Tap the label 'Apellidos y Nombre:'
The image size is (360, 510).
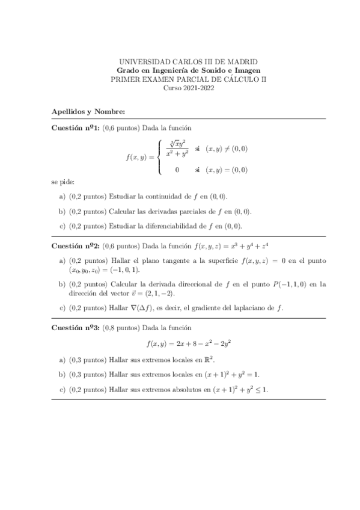[88, 111]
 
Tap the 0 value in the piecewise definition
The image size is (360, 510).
[177, 170]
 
